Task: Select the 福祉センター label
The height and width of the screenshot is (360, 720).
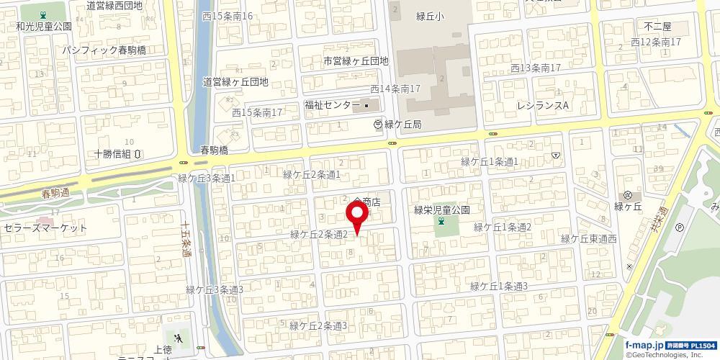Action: (332, 105)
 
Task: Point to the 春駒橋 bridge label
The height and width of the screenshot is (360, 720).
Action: (215, 150)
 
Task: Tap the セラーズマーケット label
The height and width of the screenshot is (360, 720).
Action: (45, 228)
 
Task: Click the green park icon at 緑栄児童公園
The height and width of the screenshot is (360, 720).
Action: (441, 223)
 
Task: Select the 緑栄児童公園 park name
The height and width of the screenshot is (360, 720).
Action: (441, 210)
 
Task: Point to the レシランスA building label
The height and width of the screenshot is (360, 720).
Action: (543, 105)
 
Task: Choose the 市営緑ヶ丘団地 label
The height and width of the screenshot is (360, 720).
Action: (356, 60)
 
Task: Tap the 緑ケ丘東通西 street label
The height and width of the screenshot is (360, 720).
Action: (589, 239)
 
